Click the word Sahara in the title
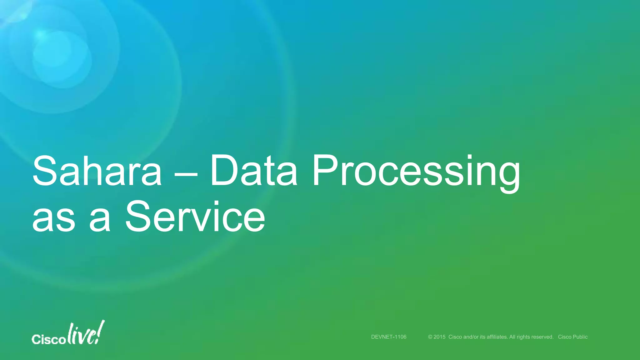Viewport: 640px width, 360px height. point(97,171)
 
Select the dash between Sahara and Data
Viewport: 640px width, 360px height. point(186,174)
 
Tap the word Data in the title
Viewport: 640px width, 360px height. point(253,171)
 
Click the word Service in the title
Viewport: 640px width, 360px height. point(195,217)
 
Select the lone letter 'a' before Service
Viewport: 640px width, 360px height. point(100,220)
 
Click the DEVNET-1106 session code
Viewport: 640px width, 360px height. point(388,337)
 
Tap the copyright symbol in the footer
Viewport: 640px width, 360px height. point(430,337)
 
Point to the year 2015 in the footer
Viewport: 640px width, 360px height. point(439,337)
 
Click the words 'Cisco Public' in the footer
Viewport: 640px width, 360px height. point(572,337)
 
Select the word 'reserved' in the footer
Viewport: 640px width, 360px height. point(542,337)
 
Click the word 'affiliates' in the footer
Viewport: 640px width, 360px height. point(497,337)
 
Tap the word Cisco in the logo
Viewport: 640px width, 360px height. point(48,339)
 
